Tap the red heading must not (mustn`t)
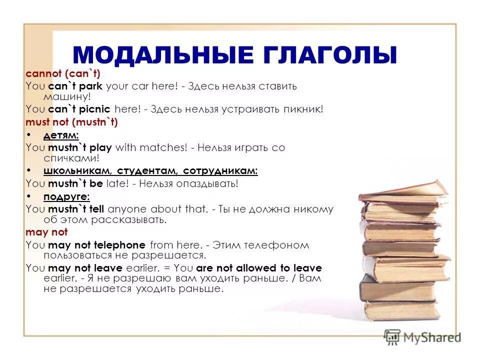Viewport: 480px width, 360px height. pyautogui.click(x=71, y=121)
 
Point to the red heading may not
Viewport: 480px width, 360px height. pyautogui.click(x=46, y=232)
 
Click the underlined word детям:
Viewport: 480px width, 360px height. pyautogui.click(x=61, y=135)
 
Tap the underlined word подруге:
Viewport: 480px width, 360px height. pyautogui.click(x=66, y=196)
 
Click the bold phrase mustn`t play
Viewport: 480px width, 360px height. pyautogui.click(x=80, y=148)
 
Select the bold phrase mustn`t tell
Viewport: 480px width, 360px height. pyautogui.click(x=77, y=209)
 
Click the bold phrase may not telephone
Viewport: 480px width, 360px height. pyautogui.click(x=96, y=245)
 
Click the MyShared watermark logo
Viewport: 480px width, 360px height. pyautogui.click(x=422, y=337)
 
